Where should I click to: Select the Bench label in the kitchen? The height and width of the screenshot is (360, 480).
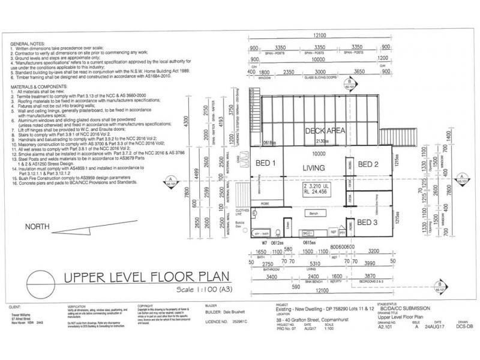pos(313,213)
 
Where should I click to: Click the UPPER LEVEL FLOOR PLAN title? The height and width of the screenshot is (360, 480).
pos(152,278)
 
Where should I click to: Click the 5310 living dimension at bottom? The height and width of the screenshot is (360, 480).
pos(311,263)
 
